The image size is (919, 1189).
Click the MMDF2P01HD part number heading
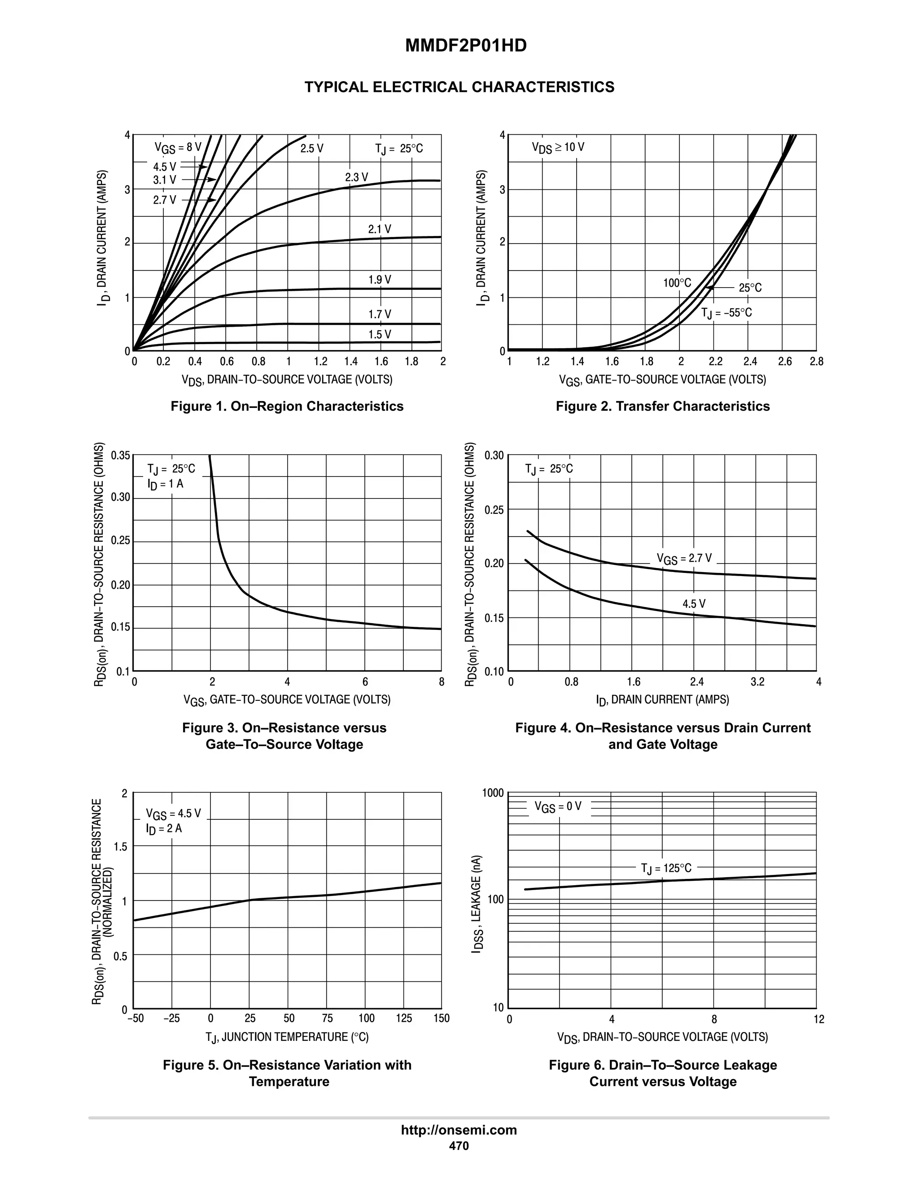tap(465, 46)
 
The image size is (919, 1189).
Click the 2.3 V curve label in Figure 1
tap(357, 178)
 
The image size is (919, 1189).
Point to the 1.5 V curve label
tap(380, 334)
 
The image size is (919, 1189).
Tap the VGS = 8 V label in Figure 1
tap(178, 148)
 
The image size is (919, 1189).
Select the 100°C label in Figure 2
tap(677, 283)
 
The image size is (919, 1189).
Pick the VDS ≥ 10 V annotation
tap(558, 148)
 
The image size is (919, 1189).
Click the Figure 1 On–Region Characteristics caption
tap(287, 406)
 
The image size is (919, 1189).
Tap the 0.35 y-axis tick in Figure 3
tap(120, 455)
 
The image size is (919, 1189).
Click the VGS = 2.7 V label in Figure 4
tap(684, 559)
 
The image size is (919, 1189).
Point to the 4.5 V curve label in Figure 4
tap(694, 604)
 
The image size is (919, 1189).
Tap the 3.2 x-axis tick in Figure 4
tap(757, 682)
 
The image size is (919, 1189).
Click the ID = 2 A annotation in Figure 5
tap(163, 829)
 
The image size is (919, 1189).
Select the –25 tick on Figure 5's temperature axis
tap(171, 1019)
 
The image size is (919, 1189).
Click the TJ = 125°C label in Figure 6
tap(666, 868)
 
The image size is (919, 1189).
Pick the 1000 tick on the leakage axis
tap(493, 793)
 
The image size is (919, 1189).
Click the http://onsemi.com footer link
tap(459, 1130)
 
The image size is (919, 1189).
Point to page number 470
tap(459, 1145)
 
